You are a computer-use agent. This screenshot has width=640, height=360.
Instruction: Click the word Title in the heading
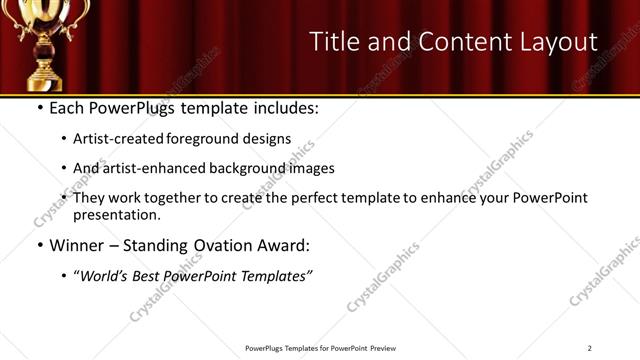coord(333,41)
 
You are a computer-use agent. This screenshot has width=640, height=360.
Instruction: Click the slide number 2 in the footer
coord(590,348)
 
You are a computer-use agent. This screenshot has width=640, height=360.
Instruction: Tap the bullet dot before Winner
coord(39,244)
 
